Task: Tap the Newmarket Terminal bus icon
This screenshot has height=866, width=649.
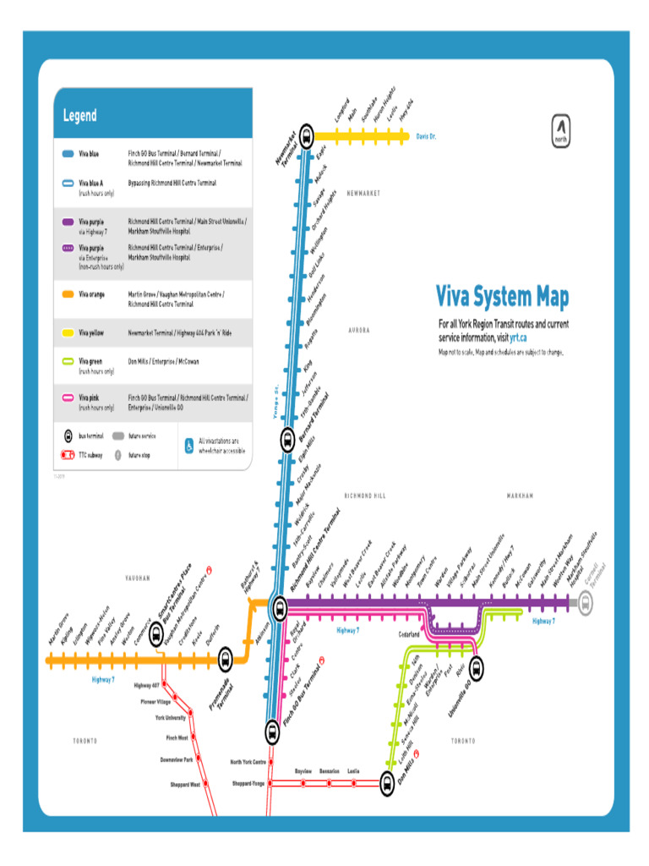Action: [x=306, y=134]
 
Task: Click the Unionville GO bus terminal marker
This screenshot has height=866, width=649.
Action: [x=477, y=668]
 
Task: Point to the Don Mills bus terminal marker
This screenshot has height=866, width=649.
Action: [x=386, y=784]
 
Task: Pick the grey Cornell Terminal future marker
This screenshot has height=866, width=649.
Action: [x=585, y=603]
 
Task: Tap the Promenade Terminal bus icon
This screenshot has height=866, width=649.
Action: [x=226, y=660]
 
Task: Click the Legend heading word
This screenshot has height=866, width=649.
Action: [x=79, y=116]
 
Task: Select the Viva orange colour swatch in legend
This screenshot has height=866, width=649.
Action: [x=68, y=294]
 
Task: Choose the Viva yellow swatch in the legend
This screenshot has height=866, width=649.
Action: [x=68, y=334]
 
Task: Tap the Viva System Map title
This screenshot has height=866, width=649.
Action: [x=502, y=297]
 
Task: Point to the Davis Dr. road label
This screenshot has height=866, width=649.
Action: [x=427, y=135]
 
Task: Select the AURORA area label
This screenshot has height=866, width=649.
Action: [x=359, y=330]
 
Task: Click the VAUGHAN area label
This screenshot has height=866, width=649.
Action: [x=138, y=578]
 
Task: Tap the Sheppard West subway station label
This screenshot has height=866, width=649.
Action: [x=185, y=784]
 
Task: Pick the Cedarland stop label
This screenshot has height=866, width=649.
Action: [x=409, y=633]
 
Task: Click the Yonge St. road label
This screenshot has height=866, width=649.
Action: [x=275, y=400]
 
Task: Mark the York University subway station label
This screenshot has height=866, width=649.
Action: [x=171, y=718]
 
